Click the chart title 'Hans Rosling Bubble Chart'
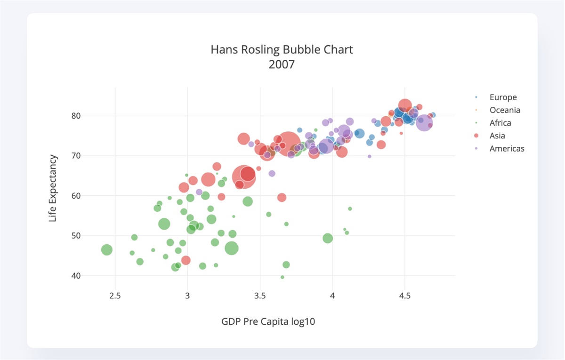(282, 49)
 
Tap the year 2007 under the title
(282, 64)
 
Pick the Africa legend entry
(500, 123)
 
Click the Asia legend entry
(497, 136)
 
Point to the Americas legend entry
(507, 149)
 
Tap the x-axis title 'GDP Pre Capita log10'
(268, 322)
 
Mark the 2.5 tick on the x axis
(115, 296)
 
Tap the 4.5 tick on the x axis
(405, 296)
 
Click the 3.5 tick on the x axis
(260, 296)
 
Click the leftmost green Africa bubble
(107, 250)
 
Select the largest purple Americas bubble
(424, 123)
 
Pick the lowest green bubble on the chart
(282, 277)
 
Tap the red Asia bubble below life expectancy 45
(186, 260)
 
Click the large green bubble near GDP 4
(328, 238)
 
